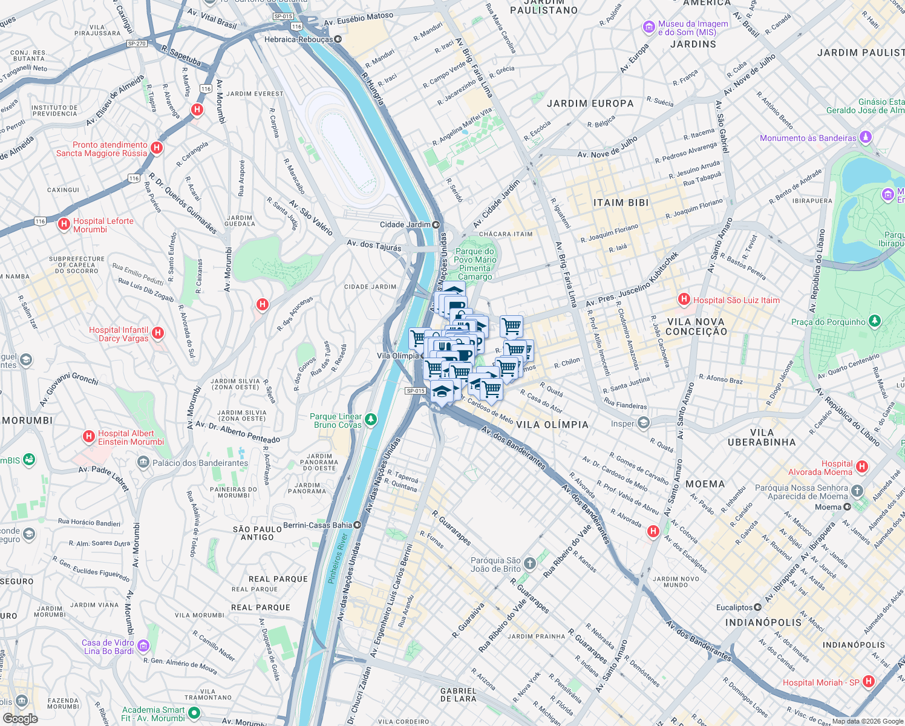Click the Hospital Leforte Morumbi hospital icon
(64, 224)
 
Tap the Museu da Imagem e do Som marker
(649, 27)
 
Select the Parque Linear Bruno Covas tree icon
(371, 419)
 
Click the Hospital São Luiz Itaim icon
(684, 299)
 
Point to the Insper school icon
(644, 423)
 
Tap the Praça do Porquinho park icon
(874, 321)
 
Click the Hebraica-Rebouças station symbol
(338, 39)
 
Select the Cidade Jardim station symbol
(436, 224)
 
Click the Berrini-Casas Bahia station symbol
(358, 525)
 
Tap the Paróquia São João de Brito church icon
(530, 564)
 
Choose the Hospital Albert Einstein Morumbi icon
(89, 436)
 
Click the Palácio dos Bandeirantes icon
(143, 463)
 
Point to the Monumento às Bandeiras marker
(866, 138)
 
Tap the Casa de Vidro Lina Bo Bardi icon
(143, 646)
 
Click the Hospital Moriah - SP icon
(869, 682)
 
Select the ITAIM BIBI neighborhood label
(621, 203)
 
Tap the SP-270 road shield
(137, 44)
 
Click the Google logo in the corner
(20, 718)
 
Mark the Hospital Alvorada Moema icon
(862, 466)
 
